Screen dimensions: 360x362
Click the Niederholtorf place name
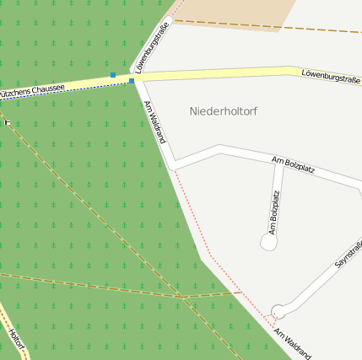[x=224, y=111]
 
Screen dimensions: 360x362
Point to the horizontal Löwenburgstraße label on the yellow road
[x=330, y=77]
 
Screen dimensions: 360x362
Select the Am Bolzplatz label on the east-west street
[x=294, y=164]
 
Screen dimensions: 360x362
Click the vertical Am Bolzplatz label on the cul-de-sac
[x=274, y=212]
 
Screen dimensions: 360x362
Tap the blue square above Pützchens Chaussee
[x=113, y=75]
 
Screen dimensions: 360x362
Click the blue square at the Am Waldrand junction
[x=132, y=82]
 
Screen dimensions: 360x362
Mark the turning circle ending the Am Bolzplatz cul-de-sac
[x=268, y=242]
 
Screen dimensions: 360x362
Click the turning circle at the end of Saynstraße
[x=278, y=311]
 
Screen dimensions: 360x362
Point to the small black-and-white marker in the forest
[x=8, y=122]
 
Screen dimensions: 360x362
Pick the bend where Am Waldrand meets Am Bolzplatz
[x=175, y=165]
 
